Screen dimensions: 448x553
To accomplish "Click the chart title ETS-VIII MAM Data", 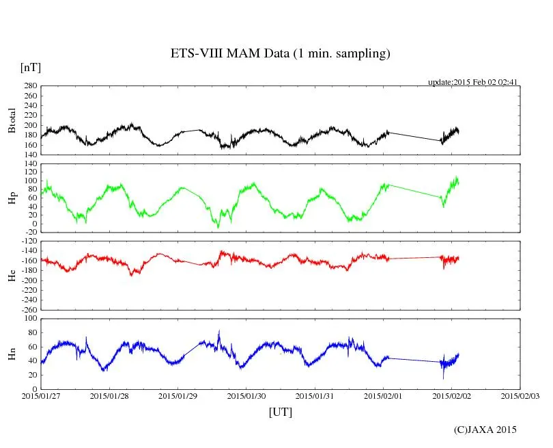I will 280,54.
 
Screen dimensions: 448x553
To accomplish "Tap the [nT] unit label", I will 30,67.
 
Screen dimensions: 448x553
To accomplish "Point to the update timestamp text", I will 473,82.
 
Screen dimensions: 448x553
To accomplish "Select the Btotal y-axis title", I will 12,120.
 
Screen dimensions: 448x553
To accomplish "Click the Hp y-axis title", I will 12,198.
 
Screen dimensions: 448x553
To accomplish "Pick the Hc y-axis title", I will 12,275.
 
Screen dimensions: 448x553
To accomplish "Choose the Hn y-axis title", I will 12,354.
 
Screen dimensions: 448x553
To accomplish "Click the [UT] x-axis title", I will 281,412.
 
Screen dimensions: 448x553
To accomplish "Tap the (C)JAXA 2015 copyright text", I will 485,430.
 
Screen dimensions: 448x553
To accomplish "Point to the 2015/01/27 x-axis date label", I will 40,395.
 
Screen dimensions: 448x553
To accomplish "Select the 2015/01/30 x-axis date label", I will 246,395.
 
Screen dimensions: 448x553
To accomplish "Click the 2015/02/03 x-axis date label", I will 520,395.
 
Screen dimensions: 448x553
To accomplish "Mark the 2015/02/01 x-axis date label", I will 383,395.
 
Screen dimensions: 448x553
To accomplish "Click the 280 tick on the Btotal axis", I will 30,86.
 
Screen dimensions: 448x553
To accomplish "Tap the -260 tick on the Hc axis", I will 28,309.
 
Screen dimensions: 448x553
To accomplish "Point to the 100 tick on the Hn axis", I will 30,319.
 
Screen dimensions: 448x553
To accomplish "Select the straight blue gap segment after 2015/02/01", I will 414,360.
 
